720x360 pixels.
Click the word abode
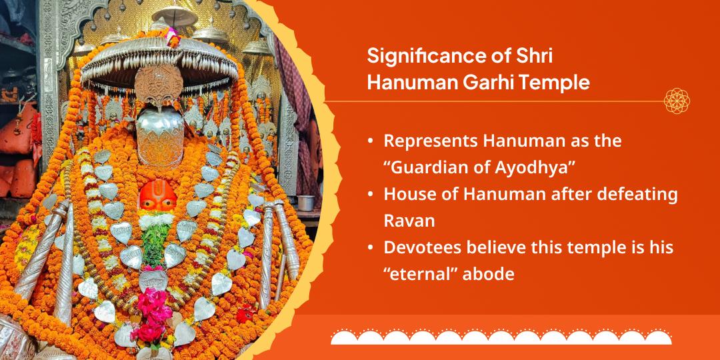pyautogui.click(x=488, y=274)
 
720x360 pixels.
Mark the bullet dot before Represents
pyautogui.click(x=370, y=142)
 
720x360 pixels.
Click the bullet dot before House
pyautogui.click(x=370, y=195)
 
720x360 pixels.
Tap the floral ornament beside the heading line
pyautogui.click(x=677, y=101)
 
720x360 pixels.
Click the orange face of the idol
pyautogui.click(x=157, y=196)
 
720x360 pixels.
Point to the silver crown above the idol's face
pyautogui.click(x=160, y=137)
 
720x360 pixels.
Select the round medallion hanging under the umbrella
pyautogui.click(x=159, y=85)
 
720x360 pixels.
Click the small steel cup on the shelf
pyautogui.click(x=306, y=203)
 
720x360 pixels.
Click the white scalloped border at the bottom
pyautogui.click(x=501, y=337)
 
